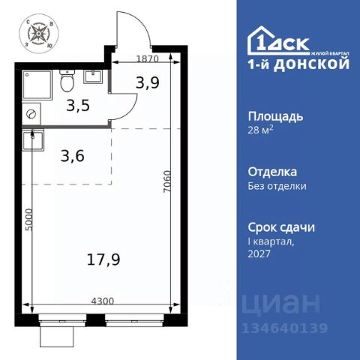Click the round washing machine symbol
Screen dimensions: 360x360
pyautogui.click(x=31, y=114)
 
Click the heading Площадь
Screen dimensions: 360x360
pyautogui.click(x=276, y=117)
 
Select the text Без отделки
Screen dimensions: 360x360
pyautogui.click(x=277, y=186)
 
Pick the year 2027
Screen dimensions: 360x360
pyautogui.click(x=259, y=254)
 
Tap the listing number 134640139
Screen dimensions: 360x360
pyautogui.click(x=281, y=328)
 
